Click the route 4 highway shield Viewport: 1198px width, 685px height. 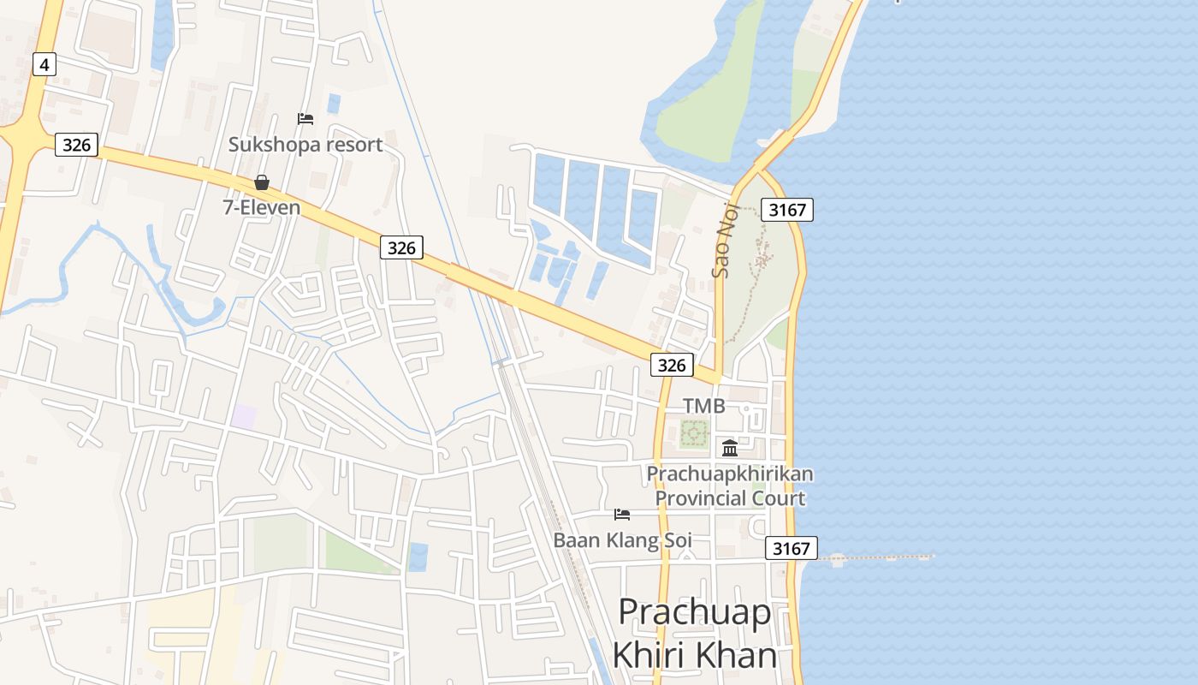click(44, 63)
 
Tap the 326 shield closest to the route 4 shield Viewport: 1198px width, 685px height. click(76, 145)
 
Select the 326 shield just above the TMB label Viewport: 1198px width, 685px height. click(672, 365)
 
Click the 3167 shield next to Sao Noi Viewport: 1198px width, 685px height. click(786, 209)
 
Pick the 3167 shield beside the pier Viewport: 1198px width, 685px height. click(791, 548)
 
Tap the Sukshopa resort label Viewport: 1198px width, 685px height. click(305, 144)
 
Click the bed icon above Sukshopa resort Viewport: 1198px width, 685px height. click(305, 118)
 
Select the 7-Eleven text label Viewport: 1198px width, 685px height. click(262, 206)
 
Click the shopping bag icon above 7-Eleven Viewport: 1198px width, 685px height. click(262, 182)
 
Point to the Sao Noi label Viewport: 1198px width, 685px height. click(723, 245)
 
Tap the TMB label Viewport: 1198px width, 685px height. click(703, 406)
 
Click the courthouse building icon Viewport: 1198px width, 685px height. click(730, 447)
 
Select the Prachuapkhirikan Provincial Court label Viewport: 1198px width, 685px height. click(730, 485)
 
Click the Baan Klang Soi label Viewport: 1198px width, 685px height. click(622, 540)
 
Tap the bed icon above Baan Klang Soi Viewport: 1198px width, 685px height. click(622, 515)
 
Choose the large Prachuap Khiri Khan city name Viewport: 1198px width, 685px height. click(694, 634)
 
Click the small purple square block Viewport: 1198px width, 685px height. click(244, 417)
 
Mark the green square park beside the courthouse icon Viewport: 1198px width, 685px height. click(694, 433)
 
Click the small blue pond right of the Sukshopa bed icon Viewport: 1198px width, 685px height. click(334, 104)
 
